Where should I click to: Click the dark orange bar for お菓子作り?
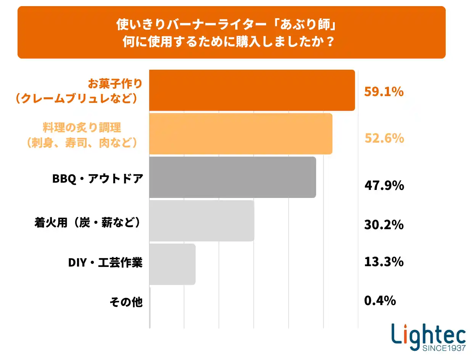pyautogui.click(x=252, y=90)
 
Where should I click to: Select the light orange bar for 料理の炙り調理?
pyautogui.click(x=240, y=134)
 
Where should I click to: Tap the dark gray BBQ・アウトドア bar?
pyautogui.click(x=232, y=177)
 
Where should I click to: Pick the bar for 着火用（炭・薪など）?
pyautogui.click(x=201, y=221)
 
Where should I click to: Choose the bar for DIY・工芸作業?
pyautogui.click(x=172, y=264)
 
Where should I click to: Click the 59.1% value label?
pyautogui.click(x=384, y=92)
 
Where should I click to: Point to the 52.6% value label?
pyautogui.click(x=384, y=138)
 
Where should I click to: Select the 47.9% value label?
pyautogui.click(x=384, y=186)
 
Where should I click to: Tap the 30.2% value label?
pyautogui.click(x=384, y=225)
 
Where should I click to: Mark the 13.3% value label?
pyautogui.click(x=384, y=262)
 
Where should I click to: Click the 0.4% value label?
pyautogui.click(x=380, y=301)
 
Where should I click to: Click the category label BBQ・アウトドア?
pyautogui.click(x=98, y=178)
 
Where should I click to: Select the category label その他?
pyautogui.click(x=126, y=302)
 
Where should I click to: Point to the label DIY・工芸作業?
pyautogui.click(x=105, y=263)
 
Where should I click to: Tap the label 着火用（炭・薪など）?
pyautogui.click(x=88, y=223)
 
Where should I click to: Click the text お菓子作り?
pyautogui.click(x=115, y=83)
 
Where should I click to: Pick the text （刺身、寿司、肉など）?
pyautogui.click(x=82, y=143)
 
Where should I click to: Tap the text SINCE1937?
pyautogui.click(x=444, y=348)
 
